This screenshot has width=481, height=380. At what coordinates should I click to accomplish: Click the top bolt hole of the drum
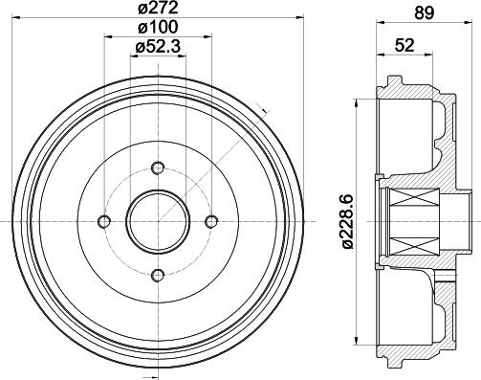point(156,170)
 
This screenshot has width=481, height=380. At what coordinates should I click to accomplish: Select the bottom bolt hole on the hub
point(156,275)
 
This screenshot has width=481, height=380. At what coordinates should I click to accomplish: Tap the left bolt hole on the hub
point(103,223)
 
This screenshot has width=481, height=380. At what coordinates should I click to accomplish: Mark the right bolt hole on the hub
point(208,223)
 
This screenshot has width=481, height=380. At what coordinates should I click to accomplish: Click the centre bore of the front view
point(156,222)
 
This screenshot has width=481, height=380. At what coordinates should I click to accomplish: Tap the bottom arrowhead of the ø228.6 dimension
point(357,344)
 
